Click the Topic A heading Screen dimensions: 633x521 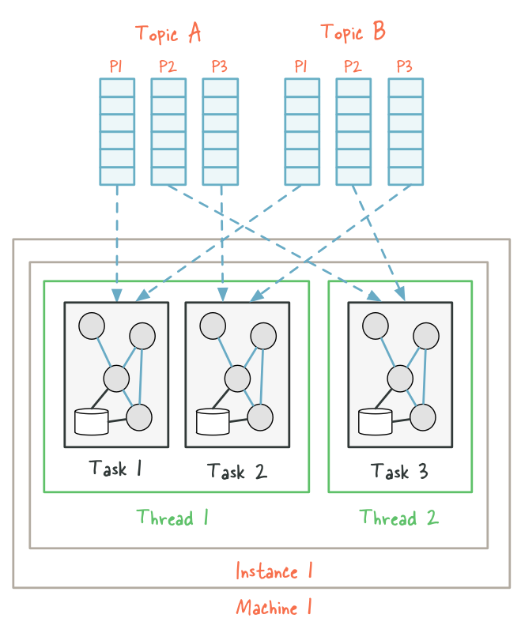[x=168, y=33]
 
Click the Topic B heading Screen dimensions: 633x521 [x=353, y=32]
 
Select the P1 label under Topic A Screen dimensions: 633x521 [x=116, y=66]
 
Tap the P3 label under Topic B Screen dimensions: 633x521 [x=405, y=66]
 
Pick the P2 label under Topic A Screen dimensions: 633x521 [x=168, y=66]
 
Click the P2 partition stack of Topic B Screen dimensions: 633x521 [x=353, y=131]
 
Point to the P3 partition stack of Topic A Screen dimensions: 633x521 [x=220, y=131]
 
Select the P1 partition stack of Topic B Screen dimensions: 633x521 [x=301, y=131]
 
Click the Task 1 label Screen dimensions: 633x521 [x=115, y=468]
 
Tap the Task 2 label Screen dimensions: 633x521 [x=236, y=472]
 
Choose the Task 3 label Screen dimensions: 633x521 [x=399, y=472]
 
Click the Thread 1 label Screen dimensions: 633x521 [x=172, y=518]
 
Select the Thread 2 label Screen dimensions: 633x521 [x=398, y=518]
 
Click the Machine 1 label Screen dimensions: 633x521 [x=274, y=608]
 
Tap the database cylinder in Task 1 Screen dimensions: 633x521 [x=91, y=422]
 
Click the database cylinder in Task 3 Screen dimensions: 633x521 [x=375, y=422]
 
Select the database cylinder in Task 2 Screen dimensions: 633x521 [x=213, y=422]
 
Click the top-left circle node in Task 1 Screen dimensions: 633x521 [x=92, y=326]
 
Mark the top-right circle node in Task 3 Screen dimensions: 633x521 [x=426, y=336]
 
